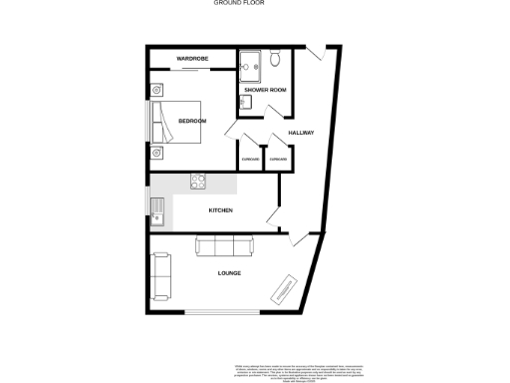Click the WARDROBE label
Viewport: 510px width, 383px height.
tap(191, 60)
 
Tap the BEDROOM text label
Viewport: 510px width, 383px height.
tap(192, 121)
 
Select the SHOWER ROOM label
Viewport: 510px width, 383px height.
tap(265, 91)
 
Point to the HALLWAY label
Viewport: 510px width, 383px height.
tap(302, 133)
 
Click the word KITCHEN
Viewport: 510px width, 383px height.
tap(220, 210)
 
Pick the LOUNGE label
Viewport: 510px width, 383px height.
tap(230, 273)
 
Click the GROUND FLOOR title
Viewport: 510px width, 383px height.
tap(236, 4)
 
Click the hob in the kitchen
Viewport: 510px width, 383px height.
tap(198, 183)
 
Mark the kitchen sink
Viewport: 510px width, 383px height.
tap(156, 209)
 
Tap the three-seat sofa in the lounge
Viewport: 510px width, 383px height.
tap(224, 246)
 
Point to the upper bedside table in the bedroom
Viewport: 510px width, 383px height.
tap(156, 89)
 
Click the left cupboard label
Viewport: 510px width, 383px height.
tap(250, 160)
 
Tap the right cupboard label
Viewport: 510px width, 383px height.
tap(279, 160)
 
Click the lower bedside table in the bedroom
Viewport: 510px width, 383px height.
tap(156, 157)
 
